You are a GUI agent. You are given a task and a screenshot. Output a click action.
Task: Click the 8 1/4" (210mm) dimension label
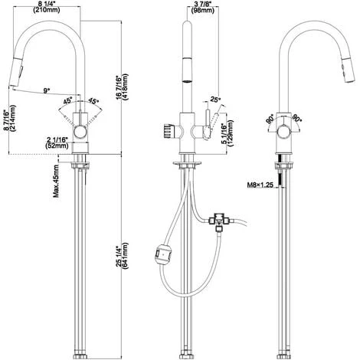pos(47,7)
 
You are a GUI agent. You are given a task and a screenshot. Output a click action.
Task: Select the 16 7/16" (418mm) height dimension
pos(122,87)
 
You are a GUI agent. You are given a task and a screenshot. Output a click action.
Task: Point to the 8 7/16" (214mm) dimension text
pos(9,118)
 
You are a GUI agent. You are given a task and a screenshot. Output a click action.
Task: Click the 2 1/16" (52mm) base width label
pos(57,142)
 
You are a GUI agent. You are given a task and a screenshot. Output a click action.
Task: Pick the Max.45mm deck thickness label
pos(56,181)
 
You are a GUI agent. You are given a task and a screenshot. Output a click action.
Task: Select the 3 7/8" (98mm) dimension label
pos(203,7)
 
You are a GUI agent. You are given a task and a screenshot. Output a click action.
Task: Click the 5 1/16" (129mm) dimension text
pos(227,133)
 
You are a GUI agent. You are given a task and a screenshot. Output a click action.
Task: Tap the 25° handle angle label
pos(215,100)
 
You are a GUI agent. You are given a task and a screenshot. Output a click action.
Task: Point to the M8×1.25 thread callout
pos(260,185)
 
